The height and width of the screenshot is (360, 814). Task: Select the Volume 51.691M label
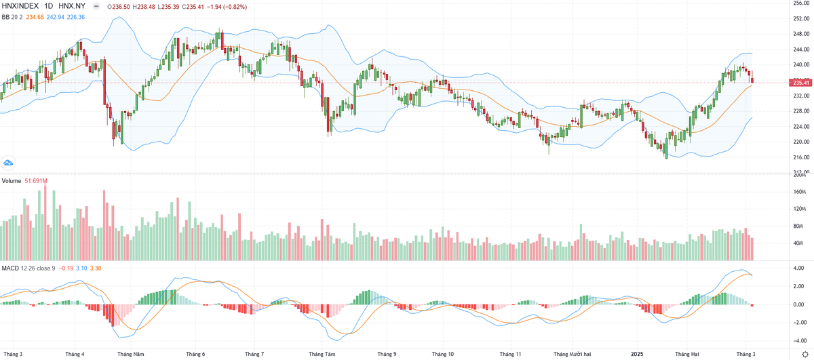pyautogui.click(x=22, y=181)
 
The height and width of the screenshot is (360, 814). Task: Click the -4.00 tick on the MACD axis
pyautogui.click(x=799, y=340)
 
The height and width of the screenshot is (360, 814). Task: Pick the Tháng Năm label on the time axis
pyautogui.click(x=130, y=354)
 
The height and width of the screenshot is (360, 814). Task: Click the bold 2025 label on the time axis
pyautogui.click(x=636, y=354)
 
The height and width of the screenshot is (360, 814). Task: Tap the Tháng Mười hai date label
pyautogui.click(x=572, y=354)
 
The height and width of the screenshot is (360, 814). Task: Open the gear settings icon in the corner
pyautogui.click(x=805, y=354)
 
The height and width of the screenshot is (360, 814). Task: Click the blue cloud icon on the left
pyautogui.click(x=8, y=163)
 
